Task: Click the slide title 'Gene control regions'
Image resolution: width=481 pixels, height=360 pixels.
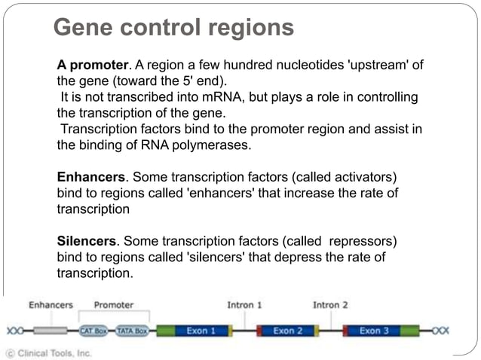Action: coord(173,28)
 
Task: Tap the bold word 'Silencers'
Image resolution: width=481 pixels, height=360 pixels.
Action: coord(87,241)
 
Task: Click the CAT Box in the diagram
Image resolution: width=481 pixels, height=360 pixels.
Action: coord(93,331)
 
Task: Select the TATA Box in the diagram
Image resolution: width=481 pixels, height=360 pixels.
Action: coord(131,331)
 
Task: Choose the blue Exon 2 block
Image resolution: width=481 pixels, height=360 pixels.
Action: coord(288,331)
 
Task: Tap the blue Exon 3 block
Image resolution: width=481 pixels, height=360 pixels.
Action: coord(375,331)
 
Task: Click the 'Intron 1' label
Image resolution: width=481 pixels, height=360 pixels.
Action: coord(244,305)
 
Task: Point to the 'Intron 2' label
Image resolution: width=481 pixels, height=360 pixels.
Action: coord(330,305)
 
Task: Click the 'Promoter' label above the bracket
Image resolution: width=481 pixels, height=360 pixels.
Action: coord(114,305)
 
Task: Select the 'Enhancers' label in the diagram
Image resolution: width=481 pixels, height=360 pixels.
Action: coord(51,305)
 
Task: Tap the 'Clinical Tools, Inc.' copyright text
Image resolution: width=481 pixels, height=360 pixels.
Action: coord(48,352)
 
